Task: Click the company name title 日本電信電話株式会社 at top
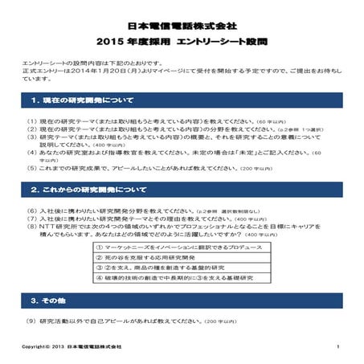[182, 26]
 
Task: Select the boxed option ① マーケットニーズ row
[158, 249]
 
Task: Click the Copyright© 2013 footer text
[72, 346]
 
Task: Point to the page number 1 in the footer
[339, 346]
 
